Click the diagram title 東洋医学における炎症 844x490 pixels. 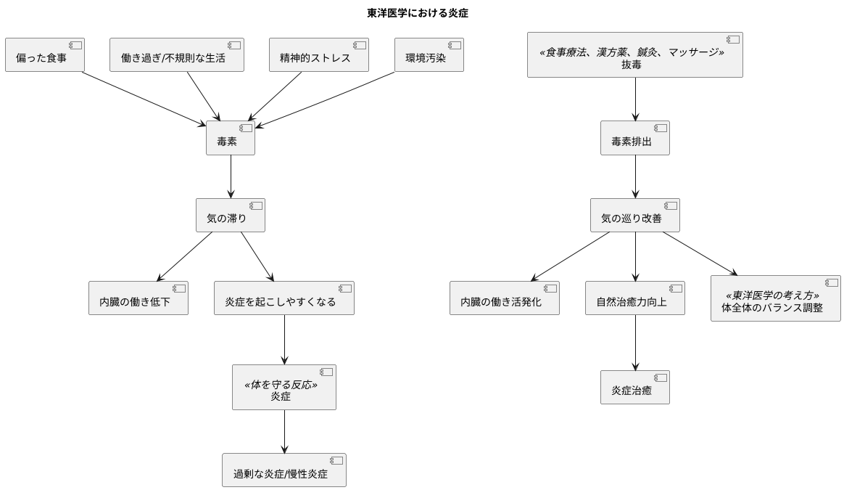(x=421, y=12)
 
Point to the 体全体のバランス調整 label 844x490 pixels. (x=772, y=307)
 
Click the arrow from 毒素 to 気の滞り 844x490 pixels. (x=231, y=176)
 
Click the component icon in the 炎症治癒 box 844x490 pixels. (x=660, y=377)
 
